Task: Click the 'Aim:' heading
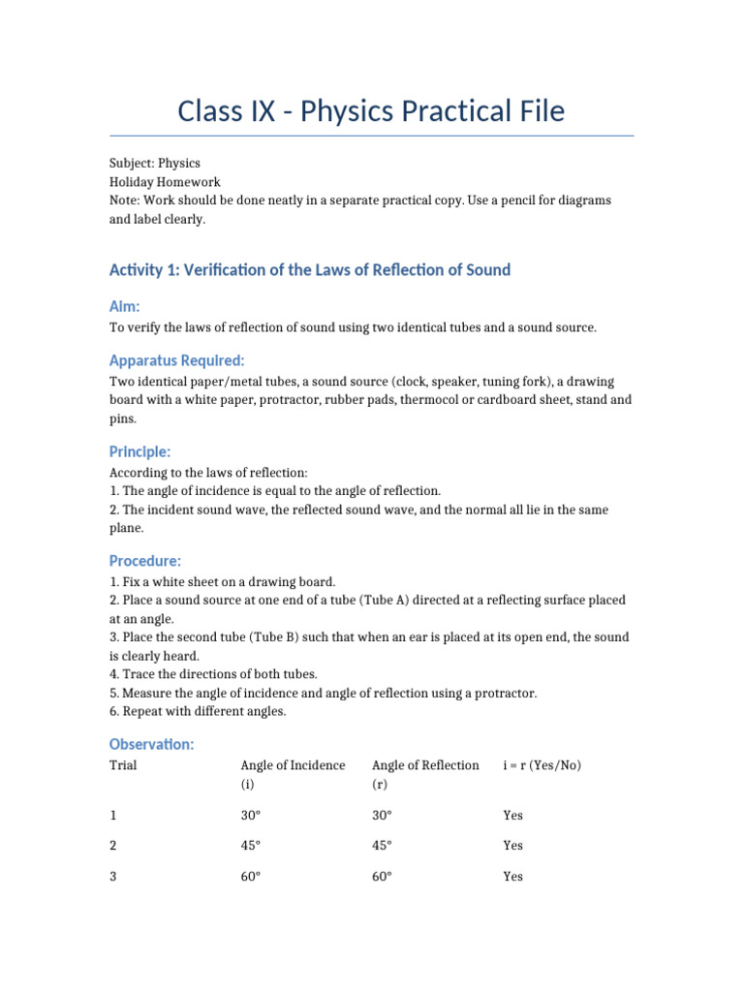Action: pyautogui.click(x=125, y=306)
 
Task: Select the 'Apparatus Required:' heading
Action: pyautogui.click(x=176, y=360)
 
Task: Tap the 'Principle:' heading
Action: pyautogui.click(x=140, y=451)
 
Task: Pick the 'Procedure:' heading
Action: pyautogui.click(x=145, y=561)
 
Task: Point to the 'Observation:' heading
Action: pyautogui.click(x=152, y=744)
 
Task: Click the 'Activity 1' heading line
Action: pyautogui.click(x=310, y=269)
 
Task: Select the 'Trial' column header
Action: pyautogui.click(x=123, y=765)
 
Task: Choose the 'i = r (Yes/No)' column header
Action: pyautogui.click(x=542, y=765)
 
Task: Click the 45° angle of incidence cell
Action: pyautogui.click(x=251, y=846)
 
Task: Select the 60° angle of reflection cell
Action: pyautogui.click(x=382, y=877)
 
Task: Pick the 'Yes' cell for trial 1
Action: pyautogui.click(x=512, y=816)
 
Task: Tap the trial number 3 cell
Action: pyautogui.click(x=113, y=877)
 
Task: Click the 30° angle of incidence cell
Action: pyautogui.click(x=251, y=816)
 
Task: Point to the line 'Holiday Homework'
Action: pyautogui.click(x=165, y=181)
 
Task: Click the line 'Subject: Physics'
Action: pyautogui.click(x=155, y=163)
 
